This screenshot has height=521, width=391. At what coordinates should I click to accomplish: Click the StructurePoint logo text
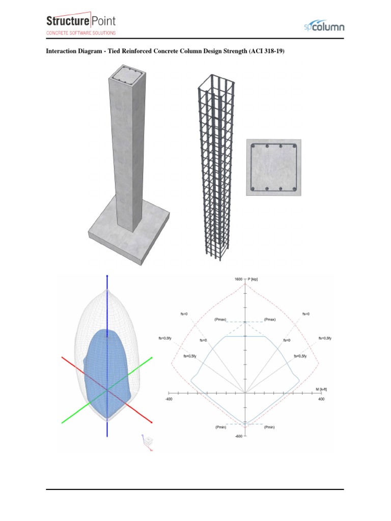click(x=81, y=21)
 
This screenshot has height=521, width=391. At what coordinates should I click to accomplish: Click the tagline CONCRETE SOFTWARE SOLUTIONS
click(x=81, y=33)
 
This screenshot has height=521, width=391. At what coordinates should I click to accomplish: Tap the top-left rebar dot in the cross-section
click(x=253, y=147)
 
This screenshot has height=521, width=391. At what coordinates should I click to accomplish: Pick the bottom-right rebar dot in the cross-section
click(x=295, y=189)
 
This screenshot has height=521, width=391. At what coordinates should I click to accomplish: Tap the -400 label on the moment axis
click(x=169, y=399)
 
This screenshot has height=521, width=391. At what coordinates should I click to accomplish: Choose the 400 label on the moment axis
click(x=321, y=399)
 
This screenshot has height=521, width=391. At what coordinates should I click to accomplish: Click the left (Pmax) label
click(x=221, y=320)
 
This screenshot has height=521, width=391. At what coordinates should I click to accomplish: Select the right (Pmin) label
click(x=269, y=427)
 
